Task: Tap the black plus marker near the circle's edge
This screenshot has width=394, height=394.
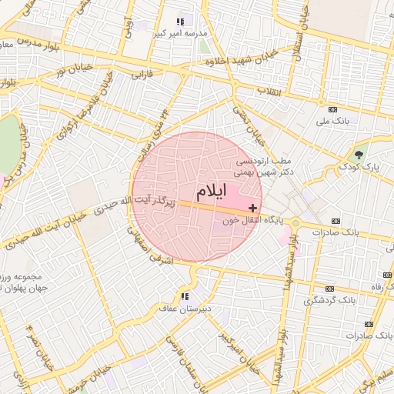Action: [x=253, y=209]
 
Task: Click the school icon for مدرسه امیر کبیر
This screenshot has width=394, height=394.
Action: [x=180, y=22]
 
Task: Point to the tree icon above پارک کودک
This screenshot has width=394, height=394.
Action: [x=359, y=155]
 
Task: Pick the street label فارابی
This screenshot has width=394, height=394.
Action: [x=143, y=76]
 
